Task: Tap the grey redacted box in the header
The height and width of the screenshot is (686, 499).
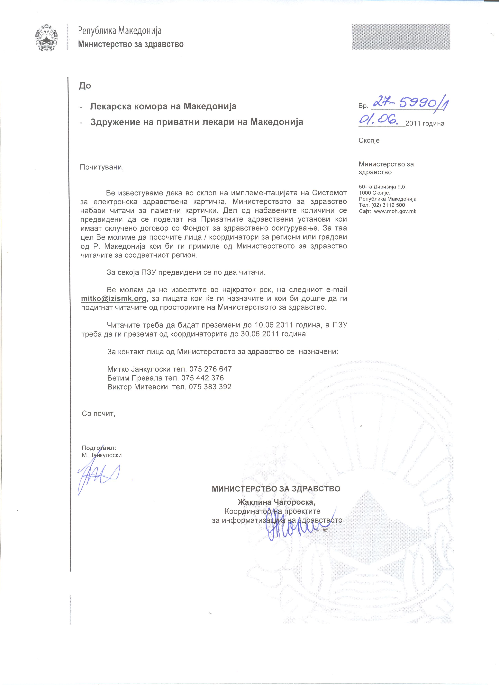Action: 401,37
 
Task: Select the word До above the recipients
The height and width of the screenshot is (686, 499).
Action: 85,86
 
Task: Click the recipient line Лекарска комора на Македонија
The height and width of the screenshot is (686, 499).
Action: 163,107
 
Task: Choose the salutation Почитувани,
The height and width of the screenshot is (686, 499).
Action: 102,167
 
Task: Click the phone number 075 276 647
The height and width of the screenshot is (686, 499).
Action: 210,369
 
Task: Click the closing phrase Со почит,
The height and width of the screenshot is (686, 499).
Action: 98,414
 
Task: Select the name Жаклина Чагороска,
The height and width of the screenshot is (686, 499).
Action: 276,502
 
